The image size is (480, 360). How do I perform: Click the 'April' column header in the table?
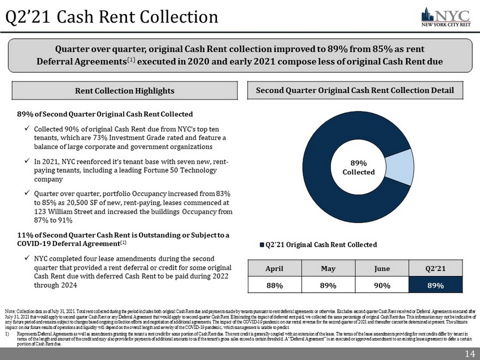click(x=275, y=270)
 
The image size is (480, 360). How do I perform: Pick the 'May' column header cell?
click(x=328, y=270)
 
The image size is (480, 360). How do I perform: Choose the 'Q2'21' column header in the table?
click(x=435, y=270)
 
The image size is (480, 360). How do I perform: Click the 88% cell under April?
click(x=275, y=286)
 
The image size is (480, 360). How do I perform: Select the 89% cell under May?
click(x=328, y=286)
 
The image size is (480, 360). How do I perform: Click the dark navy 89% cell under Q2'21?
click(x=435, y=286)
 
